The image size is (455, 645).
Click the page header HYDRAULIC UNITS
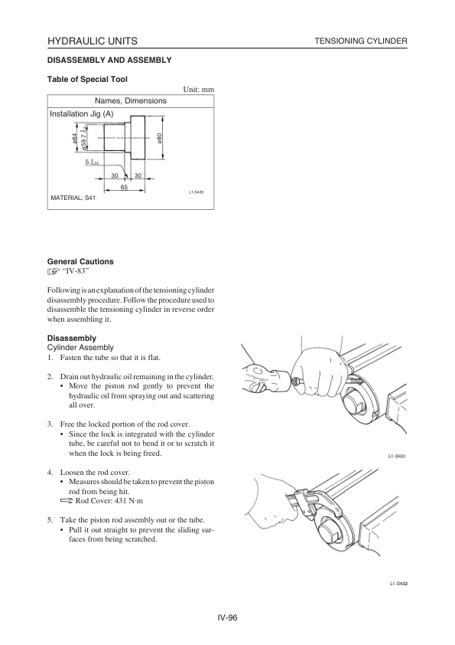tap(93, 41)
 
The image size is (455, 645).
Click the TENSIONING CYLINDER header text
tap(361, 41)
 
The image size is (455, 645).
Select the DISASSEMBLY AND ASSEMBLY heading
tap(109, 60)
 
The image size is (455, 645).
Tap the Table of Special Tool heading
tap(87, 80)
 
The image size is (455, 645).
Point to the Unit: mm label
tap(199, 90)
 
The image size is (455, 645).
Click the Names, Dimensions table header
tap(131, 101)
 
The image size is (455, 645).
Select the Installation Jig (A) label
tap(81, 114)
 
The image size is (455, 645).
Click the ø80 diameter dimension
tap(159, 138)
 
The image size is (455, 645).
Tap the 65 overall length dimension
tap(124, 187)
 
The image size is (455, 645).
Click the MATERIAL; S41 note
tap(73, 198)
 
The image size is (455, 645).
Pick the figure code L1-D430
tap(196, 192)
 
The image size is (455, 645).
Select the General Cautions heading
tap(80, 262)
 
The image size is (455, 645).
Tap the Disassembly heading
tap(72, 338)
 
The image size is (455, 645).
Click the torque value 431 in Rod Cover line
tap(117, 501)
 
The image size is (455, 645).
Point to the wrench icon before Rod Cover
tap(66, 501)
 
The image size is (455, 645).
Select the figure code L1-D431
tap(398, 456)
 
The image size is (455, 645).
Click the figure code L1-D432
tap(398, 583)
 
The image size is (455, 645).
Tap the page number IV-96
tap(228, 617)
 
